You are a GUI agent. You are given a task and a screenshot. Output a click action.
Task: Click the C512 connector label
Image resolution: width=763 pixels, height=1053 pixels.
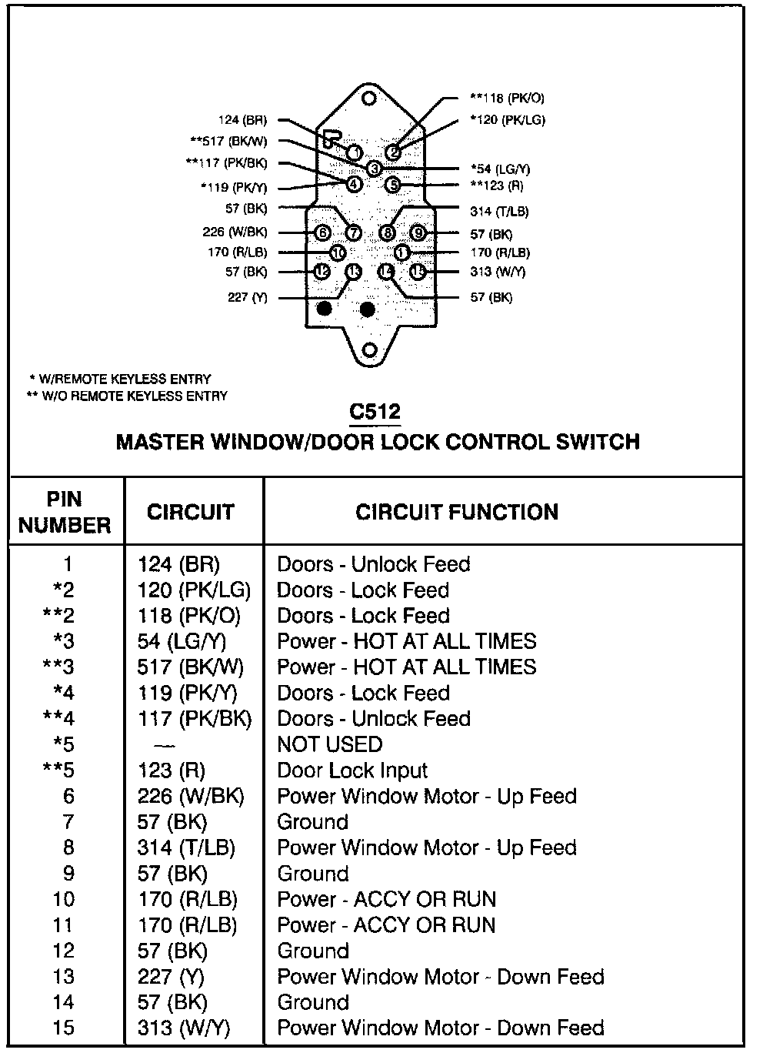coord(375,412)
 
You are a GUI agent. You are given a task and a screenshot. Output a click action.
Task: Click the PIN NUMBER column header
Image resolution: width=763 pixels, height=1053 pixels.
coord(65,512)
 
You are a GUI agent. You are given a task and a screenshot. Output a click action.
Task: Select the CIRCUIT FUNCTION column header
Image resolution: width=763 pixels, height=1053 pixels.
coord(457,513)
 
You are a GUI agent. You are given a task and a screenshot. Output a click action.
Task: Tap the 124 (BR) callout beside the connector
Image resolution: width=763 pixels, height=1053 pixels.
coord(242,120)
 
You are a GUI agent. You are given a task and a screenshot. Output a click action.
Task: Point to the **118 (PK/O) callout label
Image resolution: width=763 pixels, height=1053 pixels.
coord(507,98)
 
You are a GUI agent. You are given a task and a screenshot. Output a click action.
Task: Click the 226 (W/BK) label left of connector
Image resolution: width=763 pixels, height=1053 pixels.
coord(235,232)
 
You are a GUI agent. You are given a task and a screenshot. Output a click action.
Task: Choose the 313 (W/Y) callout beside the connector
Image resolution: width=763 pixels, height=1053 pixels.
coord(498,272)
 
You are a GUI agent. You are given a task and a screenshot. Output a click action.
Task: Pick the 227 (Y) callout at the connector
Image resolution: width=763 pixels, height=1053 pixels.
coord(248,297)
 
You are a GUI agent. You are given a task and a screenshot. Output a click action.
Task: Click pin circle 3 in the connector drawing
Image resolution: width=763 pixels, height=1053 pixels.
coord(374,168)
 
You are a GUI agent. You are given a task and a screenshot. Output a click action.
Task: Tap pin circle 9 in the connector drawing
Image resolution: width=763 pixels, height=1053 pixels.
coord(418,232)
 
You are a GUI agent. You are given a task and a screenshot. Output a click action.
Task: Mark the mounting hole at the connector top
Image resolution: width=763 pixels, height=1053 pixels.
coord(370,99)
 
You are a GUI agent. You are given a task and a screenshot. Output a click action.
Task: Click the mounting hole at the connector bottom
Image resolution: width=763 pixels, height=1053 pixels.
coord(370,351)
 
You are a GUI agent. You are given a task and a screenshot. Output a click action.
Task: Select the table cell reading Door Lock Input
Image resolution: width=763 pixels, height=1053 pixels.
coord(352,771)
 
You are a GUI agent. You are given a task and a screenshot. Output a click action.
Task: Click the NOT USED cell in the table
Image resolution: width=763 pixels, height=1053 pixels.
coord(329,744)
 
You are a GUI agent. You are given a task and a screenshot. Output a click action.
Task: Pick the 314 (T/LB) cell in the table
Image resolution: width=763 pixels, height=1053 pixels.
coord(186,847)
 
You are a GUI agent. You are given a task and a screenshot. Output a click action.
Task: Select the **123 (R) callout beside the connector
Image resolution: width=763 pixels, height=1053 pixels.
coord(496,185)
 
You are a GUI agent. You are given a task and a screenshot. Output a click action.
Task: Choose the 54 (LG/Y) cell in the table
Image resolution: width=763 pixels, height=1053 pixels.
coord(182,641)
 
